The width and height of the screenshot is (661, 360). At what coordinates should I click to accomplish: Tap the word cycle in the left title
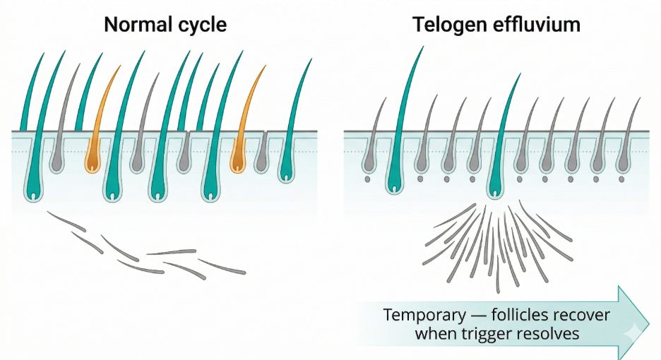click(202, 25)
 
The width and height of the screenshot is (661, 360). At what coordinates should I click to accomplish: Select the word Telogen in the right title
click(447, 25)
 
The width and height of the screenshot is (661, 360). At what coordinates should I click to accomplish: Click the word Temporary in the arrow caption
click(421, 315)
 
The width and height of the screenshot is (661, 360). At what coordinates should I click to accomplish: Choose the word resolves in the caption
click(554, 333)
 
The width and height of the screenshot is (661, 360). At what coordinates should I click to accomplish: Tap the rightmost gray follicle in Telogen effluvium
click(623, 164)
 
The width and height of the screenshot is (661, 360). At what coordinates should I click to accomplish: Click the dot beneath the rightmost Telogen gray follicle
click(623, 179)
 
